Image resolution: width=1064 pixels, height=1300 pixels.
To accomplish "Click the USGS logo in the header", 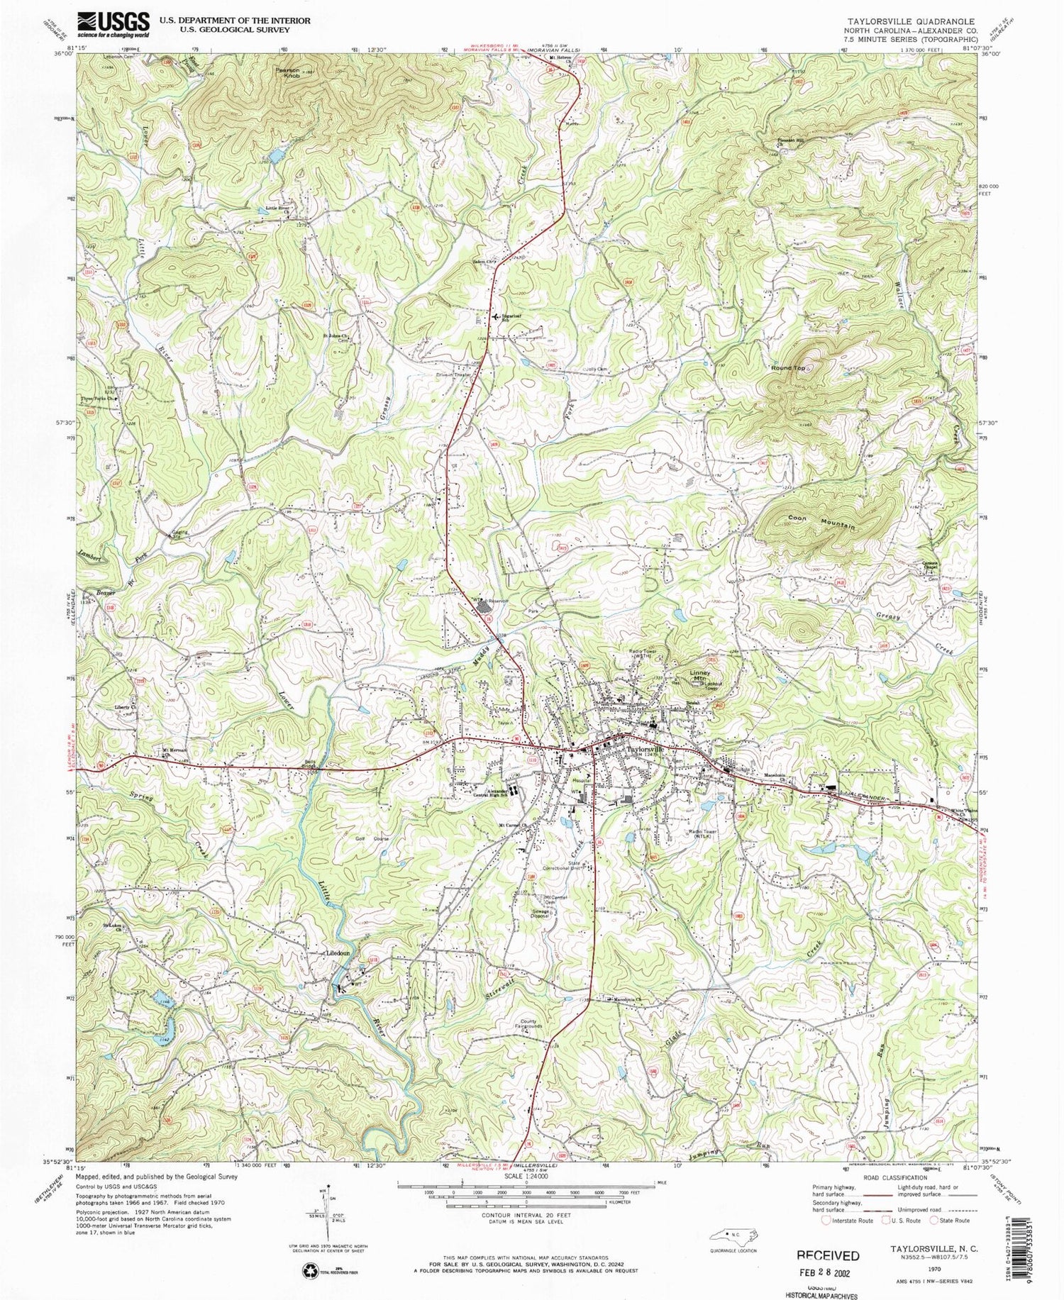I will click(x=113, y=25).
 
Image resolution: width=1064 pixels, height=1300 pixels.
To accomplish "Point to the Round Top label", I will click(x=788, y=368).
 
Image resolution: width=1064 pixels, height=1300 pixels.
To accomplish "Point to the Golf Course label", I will click(x=372, y=839).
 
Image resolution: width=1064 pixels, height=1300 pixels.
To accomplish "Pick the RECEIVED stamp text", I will click(x=829, y=1255).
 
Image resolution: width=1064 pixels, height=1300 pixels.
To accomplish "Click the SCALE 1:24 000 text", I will click(x=525, y=1177).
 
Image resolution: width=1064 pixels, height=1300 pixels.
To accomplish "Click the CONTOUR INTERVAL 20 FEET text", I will click(x=525, y=1214).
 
